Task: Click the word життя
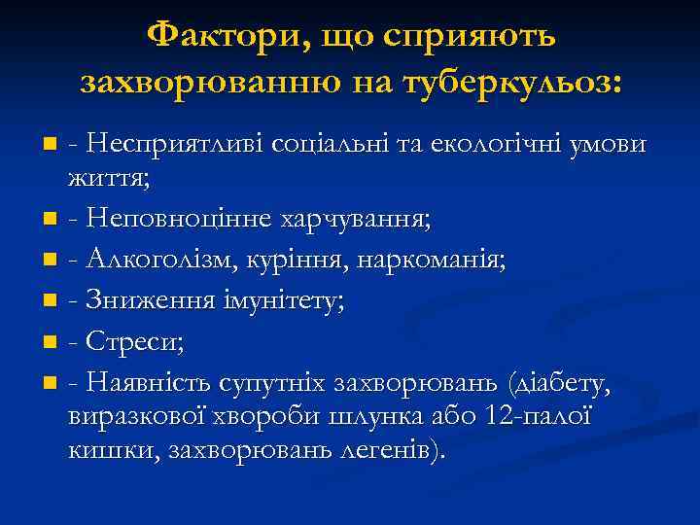105,178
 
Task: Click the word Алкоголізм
151,260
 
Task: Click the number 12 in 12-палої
500,418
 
